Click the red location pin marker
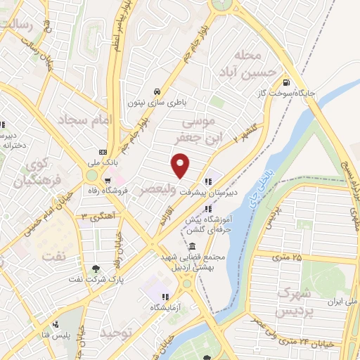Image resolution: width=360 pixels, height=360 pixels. (181, 166)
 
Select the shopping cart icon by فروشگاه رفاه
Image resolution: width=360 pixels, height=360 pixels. (107, 180)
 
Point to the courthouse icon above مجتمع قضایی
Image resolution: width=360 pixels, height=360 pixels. (193, 245)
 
